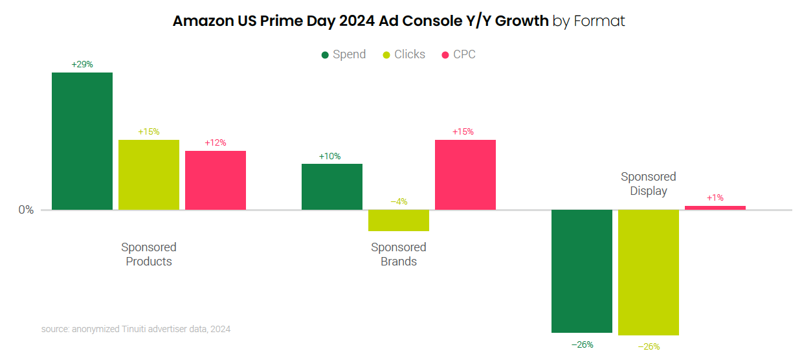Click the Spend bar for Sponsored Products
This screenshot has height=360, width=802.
[x=82, y=141]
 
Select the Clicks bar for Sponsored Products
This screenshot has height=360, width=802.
[x=149, y=175]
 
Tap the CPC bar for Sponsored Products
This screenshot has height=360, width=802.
[x=216, y=180]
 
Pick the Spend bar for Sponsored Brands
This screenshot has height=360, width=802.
[x=332, y=186]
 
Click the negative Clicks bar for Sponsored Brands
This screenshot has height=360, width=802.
[x=399, y=220]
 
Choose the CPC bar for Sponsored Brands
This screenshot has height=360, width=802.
[x=465, y=175]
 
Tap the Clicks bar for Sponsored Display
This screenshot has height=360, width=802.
[x=649, y=272]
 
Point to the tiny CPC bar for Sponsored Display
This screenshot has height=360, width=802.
[x=715, y=208]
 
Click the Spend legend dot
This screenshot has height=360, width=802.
[x=325, y=55]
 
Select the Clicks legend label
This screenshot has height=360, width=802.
[x=410, y=54]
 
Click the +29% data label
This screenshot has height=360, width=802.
[x=82, y=64]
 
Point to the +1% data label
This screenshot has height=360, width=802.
[x=715, y=197]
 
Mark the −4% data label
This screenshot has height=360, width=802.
[x=399, y=201]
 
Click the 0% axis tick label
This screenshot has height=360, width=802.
[x=26, y=210]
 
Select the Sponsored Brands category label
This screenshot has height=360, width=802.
[x=399, y=254]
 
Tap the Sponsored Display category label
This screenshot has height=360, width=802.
[x=649, y=184]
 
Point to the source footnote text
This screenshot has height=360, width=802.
[x=136, y=329]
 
